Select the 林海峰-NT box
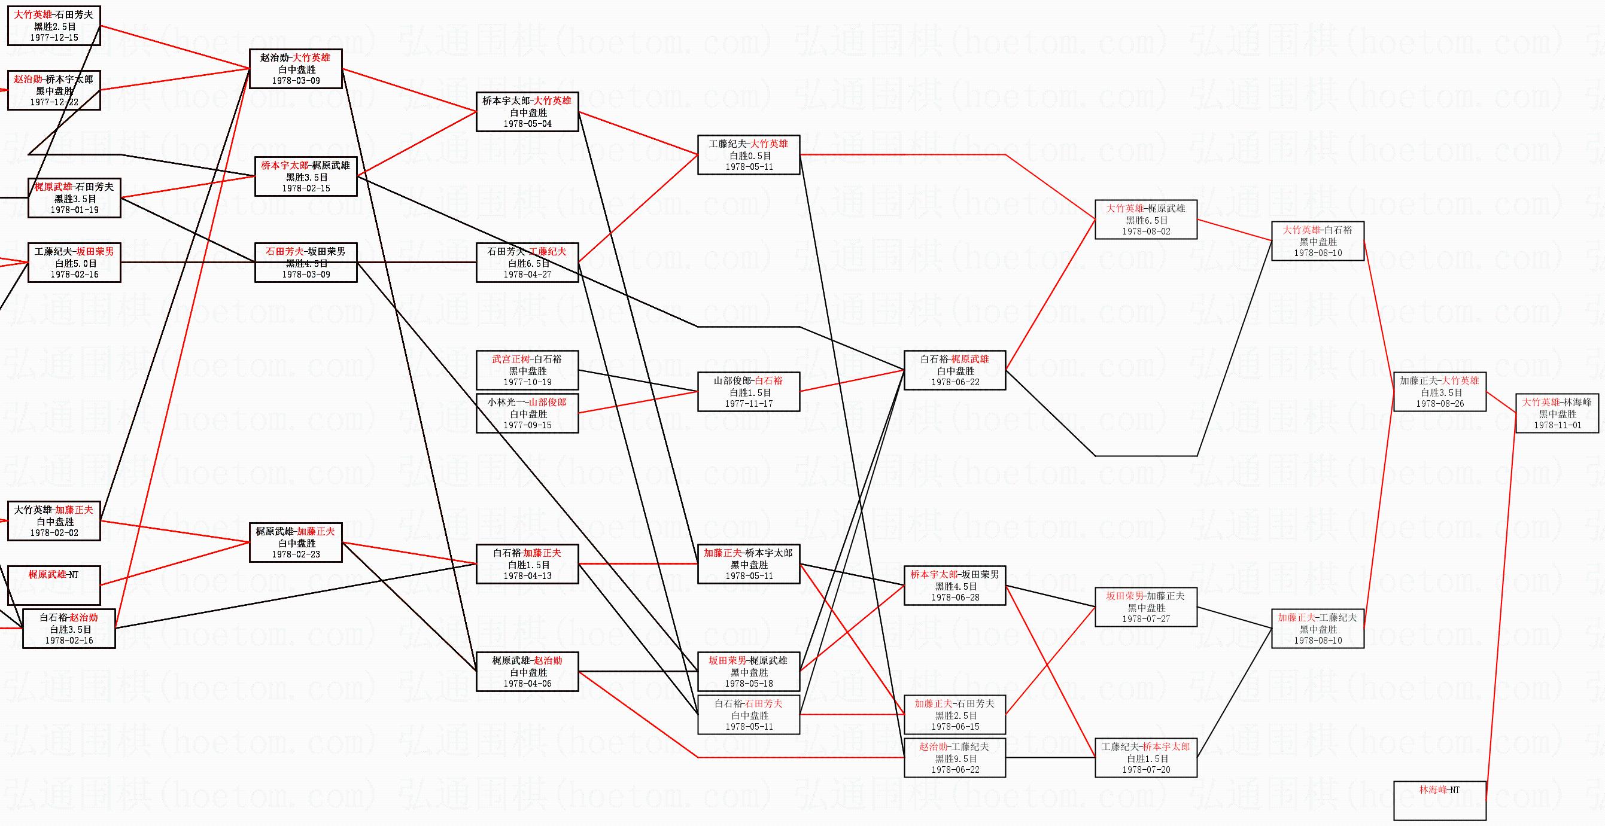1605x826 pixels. click(1439, 800)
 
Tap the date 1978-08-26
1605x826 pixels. click(1439, 404)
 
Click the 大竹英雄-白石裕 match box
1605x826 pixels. click(1317, 241)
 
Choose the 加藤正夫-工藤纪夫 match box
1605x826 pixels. click(1317, 629)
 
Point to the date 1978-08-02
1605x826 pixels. click(1146, 231)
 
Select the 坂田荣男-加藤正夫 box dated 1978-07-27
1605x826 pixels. click(1146, 607)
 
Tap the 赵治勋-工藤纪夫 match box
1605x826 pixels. click(955, 757)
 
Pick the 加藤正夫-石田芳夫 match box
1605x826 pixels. click(955, 715)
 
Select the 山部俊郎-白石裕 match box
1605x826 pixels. click(748, 392)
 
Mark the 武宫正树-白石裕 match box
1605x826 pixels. click(527, 371)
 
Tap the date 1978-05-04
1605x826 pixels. click(527, 124)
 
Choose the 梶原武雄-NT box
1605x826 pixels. click(54, 585)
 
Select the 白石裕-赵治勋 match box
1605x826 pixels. click(69, 629)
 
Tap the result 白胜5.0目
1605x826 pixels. click(74, 264)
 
